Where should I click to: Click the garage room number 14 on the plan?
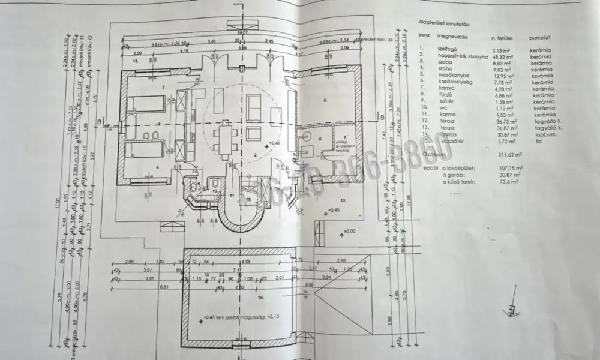click(260, 296)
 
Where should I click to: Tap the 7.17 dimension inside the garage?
click(238, 271)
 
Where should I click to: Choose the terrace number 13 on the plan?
click(343, 199)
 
